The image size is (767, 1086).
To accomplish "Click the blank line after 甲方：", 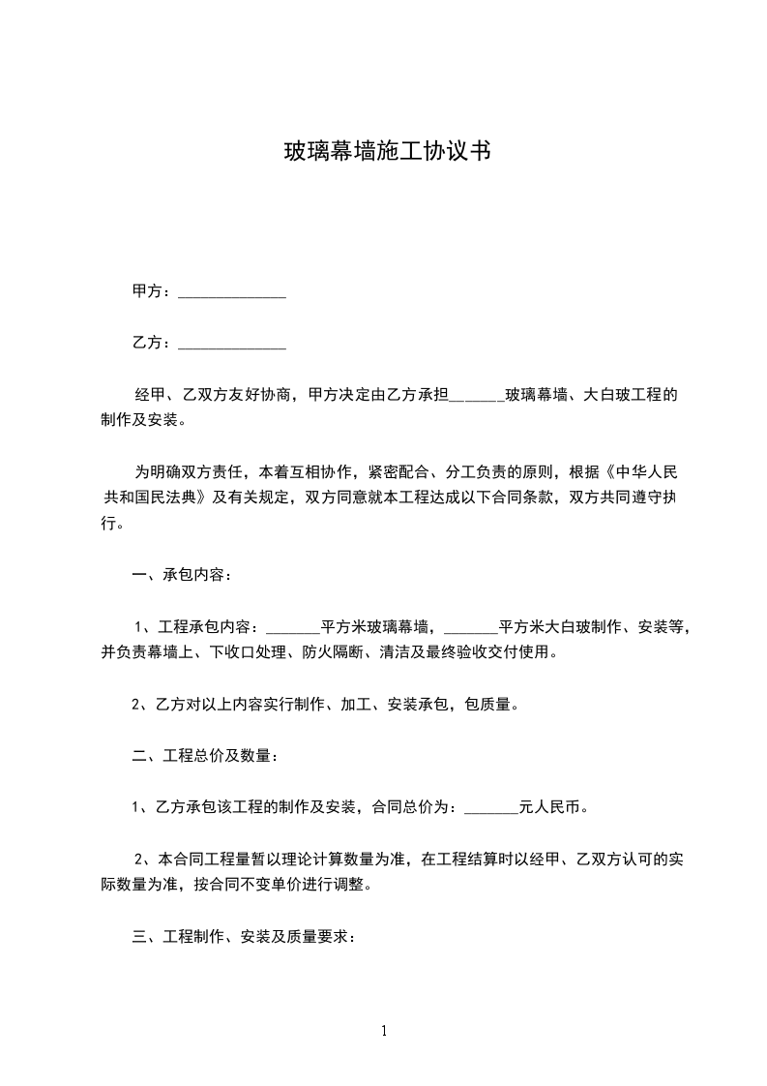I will coord(232,292).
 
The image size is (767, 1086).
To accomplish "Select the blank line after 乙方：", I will coord(232,344).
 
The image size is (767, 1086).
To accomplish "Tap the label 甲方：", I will coord(153,291).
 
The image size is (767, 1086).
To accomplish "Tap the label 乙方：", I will coord(153,343).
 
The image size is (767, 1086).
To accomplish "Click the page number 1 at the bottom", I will coord(384,1031).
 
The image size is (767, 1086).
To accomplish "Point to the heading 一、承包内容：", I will coord(182,575).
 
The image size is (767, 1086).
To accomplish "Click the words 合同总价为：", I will coord(418,806).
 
